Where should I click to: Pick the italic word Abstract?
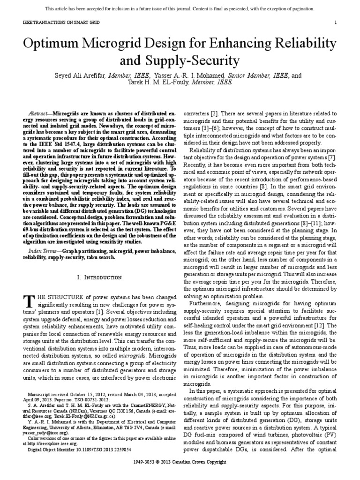[40, 114]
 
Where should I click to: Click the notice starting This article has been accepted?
[180, 9]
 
